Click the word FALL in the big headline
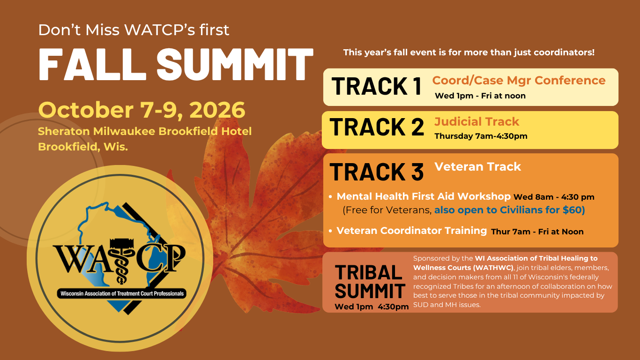click(x=92, y=64)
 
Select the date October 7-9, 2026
click(x=141, y=110)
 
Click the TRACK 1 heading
click(x=377, y=86)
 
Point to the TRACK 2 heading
click(x=377, y=127)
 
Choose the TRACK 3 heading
click(x=377, y=172)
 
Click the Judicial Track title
click(x=476, y=121)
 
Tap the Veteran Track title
click(x=478, y=167)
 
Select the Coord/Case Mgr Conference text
click(x=519, y=81)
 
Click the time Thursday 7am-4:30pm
click(x=481, y=136)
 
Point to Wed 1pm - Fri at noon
click(x=480, y=96)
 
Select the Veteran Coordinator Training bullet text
click(x=412, y=231)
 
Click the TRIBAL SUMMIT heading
click(x=370, y=282)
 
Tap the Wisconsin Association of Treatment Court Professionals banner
click(x=122, y=293)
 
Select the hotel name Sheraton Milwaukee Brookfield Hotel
click(x=145, y=131)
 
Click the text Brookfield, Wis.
click(x=83, y=147)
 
